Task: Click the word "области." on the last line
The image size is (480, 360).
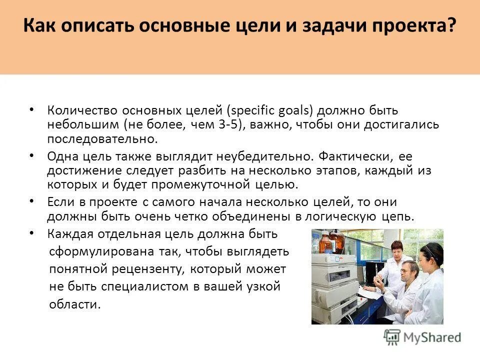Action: point(75,304)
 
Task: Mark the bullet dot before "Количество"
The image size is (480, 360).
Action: point(31,109)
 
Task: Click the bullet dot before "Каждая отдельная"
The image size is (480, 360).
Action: point(31,233)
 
